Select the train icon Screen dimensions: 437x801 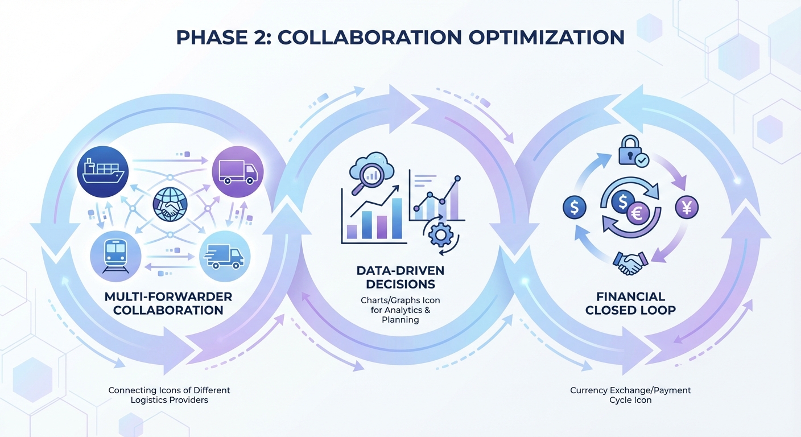pyautogui.click(x=116, y=254)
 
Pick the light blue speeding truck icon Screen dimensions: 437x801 pyautogui.click(x=225, y=256)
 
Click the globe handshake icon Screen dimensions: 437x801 pyautogui.click(x=170, y=205)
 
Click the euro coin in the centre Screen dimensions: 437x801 pyautogui.click(x=638, y=214)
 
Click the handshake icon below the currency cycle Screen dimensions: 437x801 pyautogui.click(x=630, y=263)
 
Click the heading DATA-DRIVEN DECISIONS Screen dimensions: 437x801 pyautogui.click(x=400, y=277)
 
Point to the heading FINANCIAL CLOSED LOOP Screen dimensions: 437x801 pyautogui.click(x=630, y=303)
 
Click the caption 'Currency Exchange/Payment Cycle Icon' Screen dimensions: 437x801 pyautogui.click(x=630, y=395)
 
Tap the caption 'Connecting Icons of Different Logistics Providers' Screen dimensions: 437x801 pyautogui.click(x=169, y=395)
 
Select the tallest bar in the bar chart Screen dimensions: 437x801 pyautogui.click(x=397, y=218)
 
